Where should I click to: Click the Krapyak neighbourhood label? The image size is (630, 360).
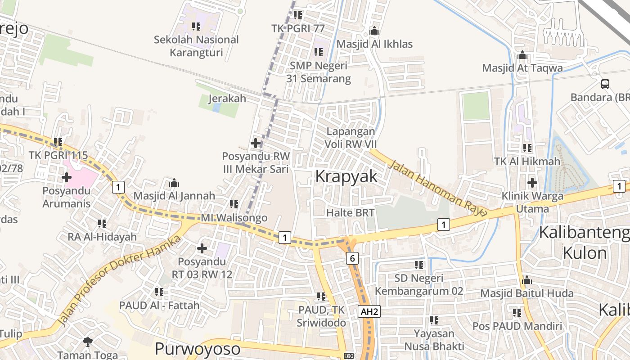click(346, 176)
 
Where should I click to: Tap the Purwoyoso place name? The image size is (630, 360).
click(198, 349)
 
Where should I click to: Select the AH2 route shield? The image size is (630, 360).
click(369, 311)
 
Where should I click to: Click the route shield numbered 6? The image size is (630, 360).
click(352, 258)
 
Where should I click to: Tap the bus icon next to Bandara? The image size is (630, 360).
click(605, 84)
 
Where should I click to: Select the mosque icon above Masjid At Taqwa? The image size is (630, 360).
click(522, 55)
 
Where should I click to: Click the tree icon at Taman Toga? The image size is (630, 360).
click(88, 342)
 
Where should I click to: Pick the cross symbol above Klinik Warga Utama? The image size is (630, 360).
click(532, 183)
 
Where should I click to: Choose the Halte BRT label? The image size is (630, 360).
click(351, 212)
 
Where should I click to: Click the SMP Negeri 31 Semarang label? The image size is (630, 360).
click(319, 72)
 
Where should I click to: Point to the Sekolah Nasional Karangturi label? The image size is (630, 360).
click(196, 46)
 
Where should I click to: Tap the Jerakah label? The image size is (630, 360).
click(227, 99)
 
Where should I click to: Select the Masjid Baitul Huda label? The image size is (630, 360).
click(527, 293)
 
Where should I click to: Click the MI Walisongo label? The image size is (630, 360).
click(234, 218)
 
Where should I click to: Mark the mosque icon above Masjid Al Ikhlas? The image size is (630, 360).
click(374, 31)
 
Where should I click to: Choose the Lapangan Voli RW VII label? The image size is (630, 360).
click(351, 138)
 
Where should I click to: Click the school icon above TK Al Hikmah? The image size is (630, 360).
click(527, 148)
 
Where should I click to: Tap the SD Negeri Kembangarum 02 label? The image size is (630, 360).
click(419, 284)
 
